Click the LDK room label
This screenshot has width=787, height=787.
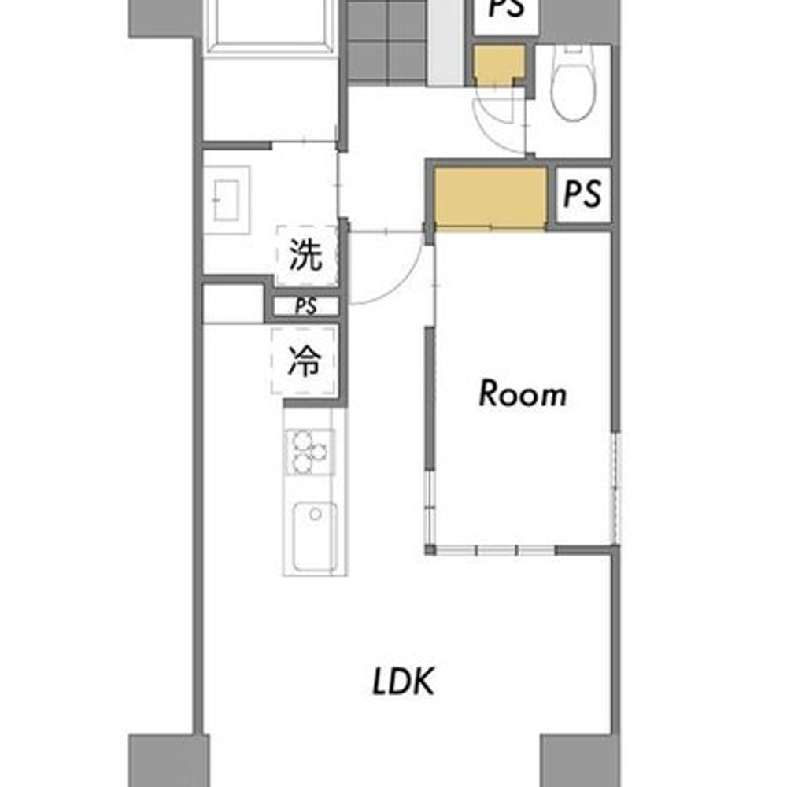403,681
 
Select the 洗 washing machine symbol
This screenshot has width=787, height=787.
306,256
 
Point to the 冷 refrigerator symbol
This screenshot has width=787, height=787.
304,360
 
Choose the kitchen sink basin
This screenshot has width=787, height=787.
316,537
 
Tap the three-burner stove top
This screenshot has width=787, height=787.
310,452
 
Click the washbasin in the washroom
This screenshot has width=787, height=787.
227,200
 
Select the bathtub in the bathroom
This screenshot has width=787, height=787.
271,23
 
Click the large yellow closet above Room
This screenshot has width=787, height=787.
490,198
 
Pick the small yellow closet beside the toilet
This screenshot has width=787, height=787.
500,66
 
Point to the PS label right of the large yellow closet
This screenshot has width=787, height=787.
582,194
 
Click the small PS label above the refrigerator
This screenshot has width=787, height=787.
305,306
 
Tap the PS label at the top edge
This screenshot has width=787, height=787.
506,8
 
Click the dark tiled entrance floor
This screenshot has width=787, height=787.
386,40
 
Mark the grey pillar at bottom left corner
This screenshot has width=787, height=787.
168,761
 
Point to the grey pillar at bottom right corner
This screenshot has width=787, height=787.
580,761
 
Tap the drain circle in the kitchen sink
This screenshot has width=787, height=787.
316,514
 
